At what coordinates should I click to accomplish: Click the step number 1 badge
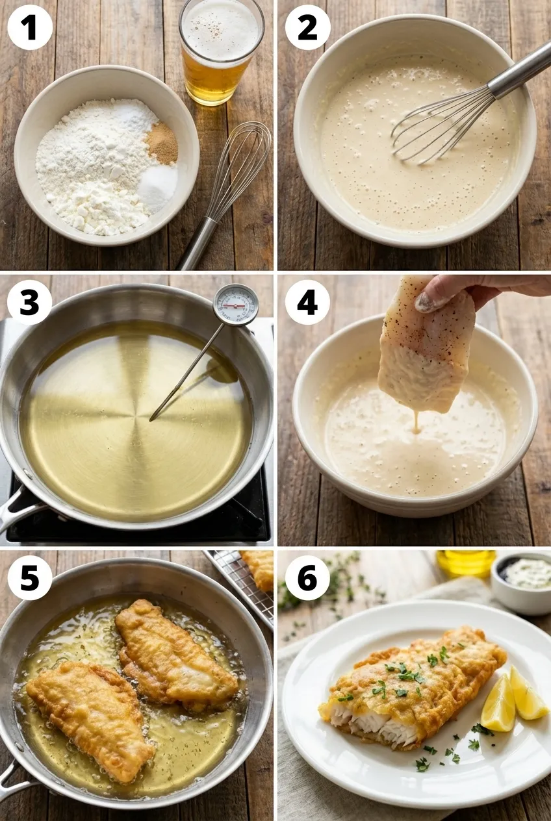tap(30, 27)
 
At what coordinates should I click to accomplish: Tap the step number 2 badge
tap(307, 27)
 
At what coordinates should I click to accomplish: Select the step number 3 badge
tap(30, 303)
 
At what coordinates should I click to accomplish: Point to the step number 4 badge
tap(307, 303)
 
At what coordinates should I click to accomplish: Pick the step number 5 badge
tap(30, 577)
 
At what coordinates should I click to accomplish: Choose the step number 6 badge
tap(307, 577)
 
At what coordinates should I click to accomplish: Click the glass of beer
tap(222, 53)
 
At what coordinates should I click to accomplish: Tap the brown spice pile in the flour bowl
tap(161, 143)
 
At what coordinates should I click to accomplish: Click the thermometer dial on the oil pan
tap(236, 305)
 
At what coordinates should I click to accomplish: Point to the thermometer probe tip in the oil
tap(151, 420)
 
